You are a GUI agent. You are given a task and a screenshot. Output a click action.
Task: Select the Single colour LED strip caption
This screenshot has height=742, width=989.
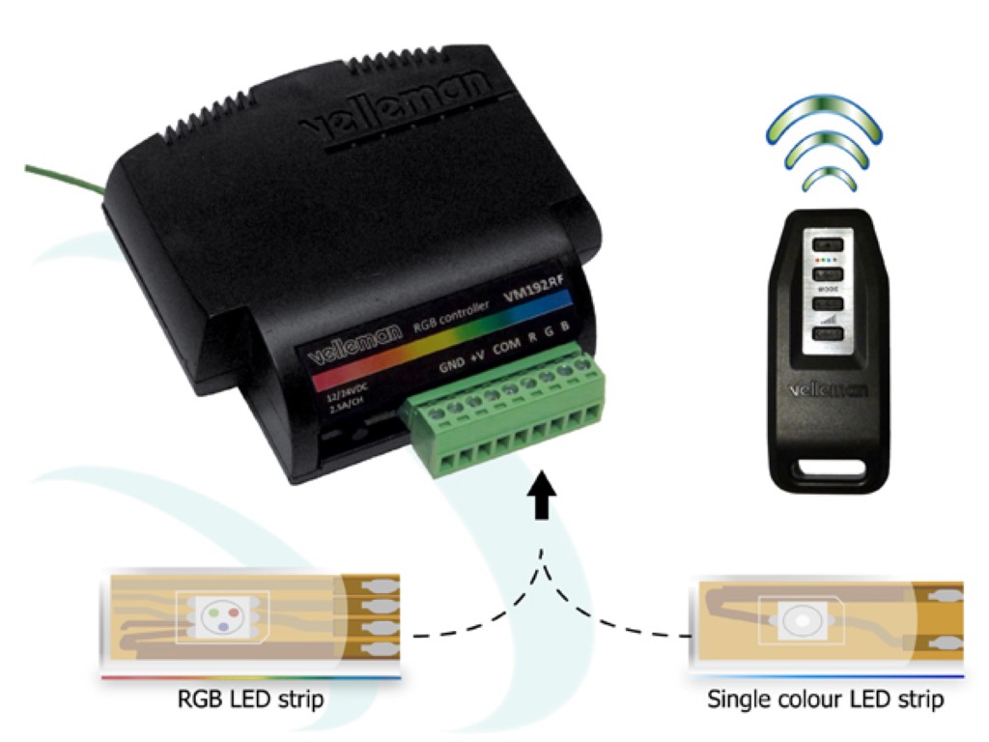(826, 698)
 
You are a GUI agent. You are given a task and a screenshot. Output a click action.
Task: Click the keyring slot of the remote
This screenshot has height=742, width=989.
(827, 471)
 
